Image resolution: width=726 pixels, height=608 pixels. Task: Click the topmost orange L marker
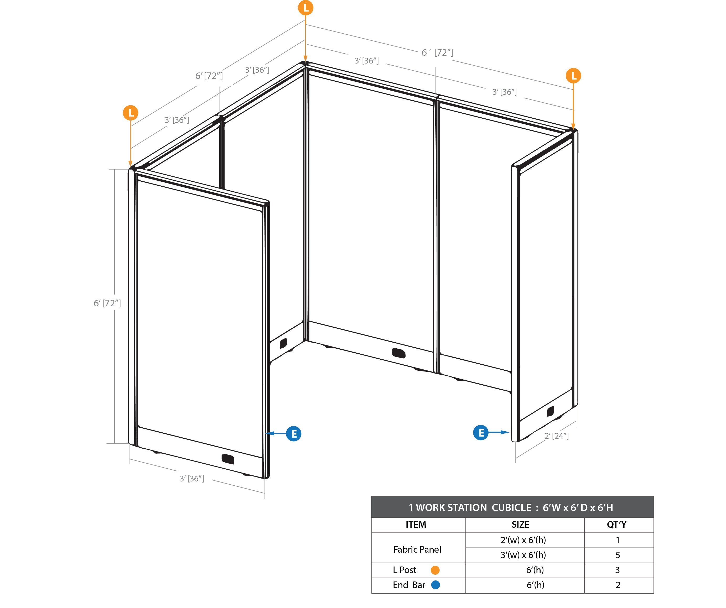click(306, 8)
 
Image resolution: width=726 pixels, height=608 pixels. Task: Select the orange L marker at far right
click(573, 76)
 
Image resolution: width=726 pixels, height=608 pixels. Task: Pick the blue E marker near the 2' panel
click(481, 433)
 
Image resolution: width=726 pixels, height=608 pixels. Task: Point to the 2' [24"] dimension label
click(557, 436)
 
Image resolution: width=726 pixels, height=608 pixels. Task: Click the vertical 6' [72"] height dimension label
click(107, 303)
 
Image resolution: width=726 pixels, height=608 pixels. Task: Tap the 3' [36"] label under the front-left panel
click(192, 479)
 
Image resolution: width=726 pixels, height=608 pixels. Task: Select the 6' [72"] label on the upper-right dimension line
click(437, 53)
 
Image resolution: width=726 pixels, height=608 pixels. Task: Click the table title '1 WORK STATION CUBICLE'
click(470, 507)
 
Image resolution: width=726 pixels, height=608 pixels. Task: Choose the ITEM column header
click(416, 525)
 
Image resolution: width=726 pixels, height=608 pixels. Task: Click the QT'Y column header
click(617, 525)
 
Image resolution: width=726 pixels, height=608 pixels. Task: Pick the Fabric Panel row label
click(417, 549)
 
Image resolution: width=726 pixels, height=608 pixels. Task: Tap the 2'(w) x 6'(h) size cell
click(523, 540)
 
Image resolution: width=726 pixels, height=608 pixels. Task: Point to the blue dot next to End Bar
click(435, 585)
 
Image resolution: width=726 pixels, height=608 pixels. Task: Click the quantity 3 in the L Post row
click(618, 570)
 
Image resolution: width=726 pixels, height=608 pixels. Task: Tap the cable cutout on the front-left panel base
click(228, 459)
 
